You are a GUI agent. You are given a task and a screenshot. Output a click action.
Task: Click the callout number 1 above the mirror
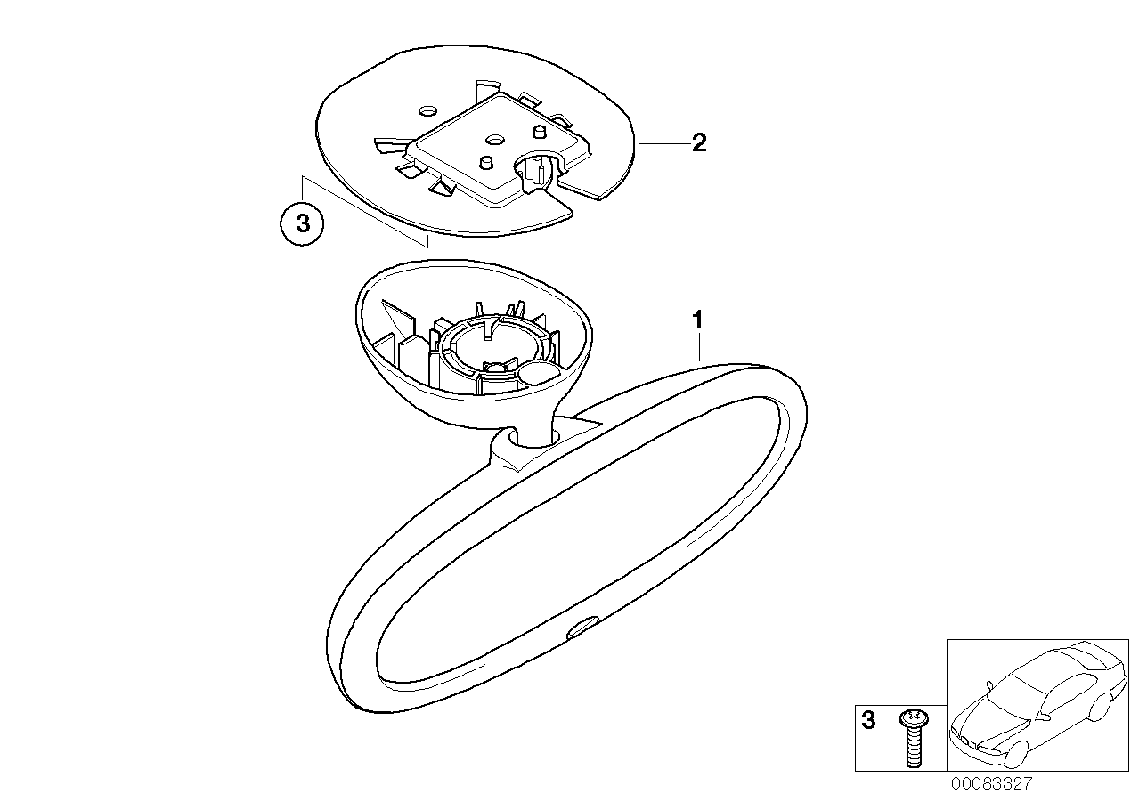click(x=697, y=320)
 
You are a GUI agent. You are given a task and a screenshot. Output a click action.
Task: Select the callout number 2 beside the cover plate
click(x=699, y=142)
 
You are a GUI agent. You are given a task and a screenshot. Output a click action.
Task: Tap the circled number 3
click(x=302, y=224)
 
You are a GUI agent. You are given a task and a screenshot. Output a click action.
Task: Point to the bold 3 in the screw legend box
click(x=868, y=720)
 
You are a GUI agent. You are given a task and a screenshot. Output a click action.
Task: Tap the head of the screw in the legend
click(x=914, y=717)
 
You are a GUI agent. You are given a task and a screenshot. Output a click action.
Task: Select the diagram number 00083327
click(x=992, y=784)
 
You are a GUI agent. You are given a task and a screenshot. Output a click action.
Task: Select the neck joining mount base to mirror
click(x=533, y=425)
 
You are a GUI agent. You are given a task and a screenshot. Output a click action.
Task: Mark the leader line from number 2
click(x=663, y=144)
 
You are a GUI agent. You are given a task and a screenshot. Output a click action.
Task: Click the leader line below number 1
click(x=699, y=347)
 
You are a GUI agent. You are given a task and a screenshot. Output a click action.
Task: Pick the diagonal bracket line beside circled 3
click(x=364, y=211)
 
